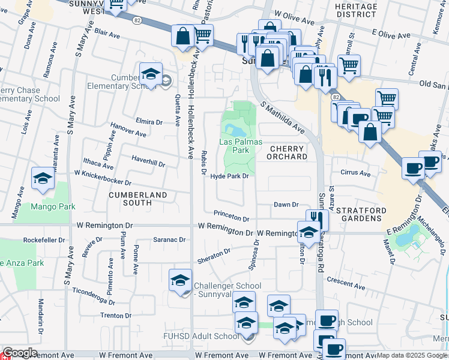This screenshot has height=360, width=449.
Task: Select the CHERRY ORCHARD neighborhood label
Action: tap(288, 152)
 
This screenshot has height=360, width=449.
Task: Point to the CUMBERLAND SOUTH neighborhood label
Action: tap(138, 199)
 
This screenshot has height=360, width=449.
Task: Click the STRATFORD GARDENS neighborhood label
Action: tap(359, 215)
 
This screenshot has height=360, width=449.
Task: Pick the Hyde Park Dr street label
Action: tap(229, 176)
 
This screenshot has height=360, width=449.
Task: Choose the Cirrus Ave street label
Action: tap(356, 173)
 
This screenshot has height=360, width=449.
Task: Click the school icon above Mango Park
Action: tap(43, 178)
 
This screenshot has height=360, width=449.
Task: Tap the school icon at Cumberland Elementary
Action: tap(150, 74)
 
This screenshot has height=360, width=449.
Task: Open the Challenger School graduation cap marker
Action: tap(180, 280)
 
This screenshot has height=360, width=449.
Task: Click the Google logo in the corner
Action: tap(19, 353)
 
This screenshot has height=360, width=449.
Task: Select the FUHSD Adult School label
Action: tap(201, 337)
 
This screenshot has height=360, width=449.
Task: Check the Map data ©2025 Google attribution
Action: tap(412, 356)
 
